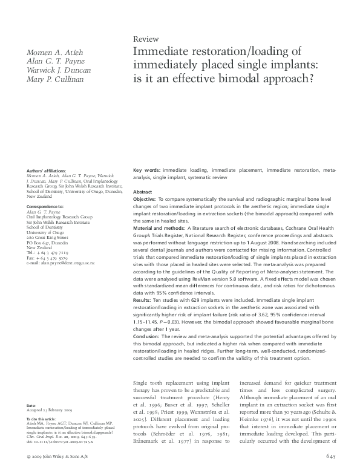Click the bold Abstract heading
click(x=143, y=191)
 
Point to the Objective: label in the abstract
click(x=148, y=199)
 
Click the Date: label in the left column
click(x=31, y=405)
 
